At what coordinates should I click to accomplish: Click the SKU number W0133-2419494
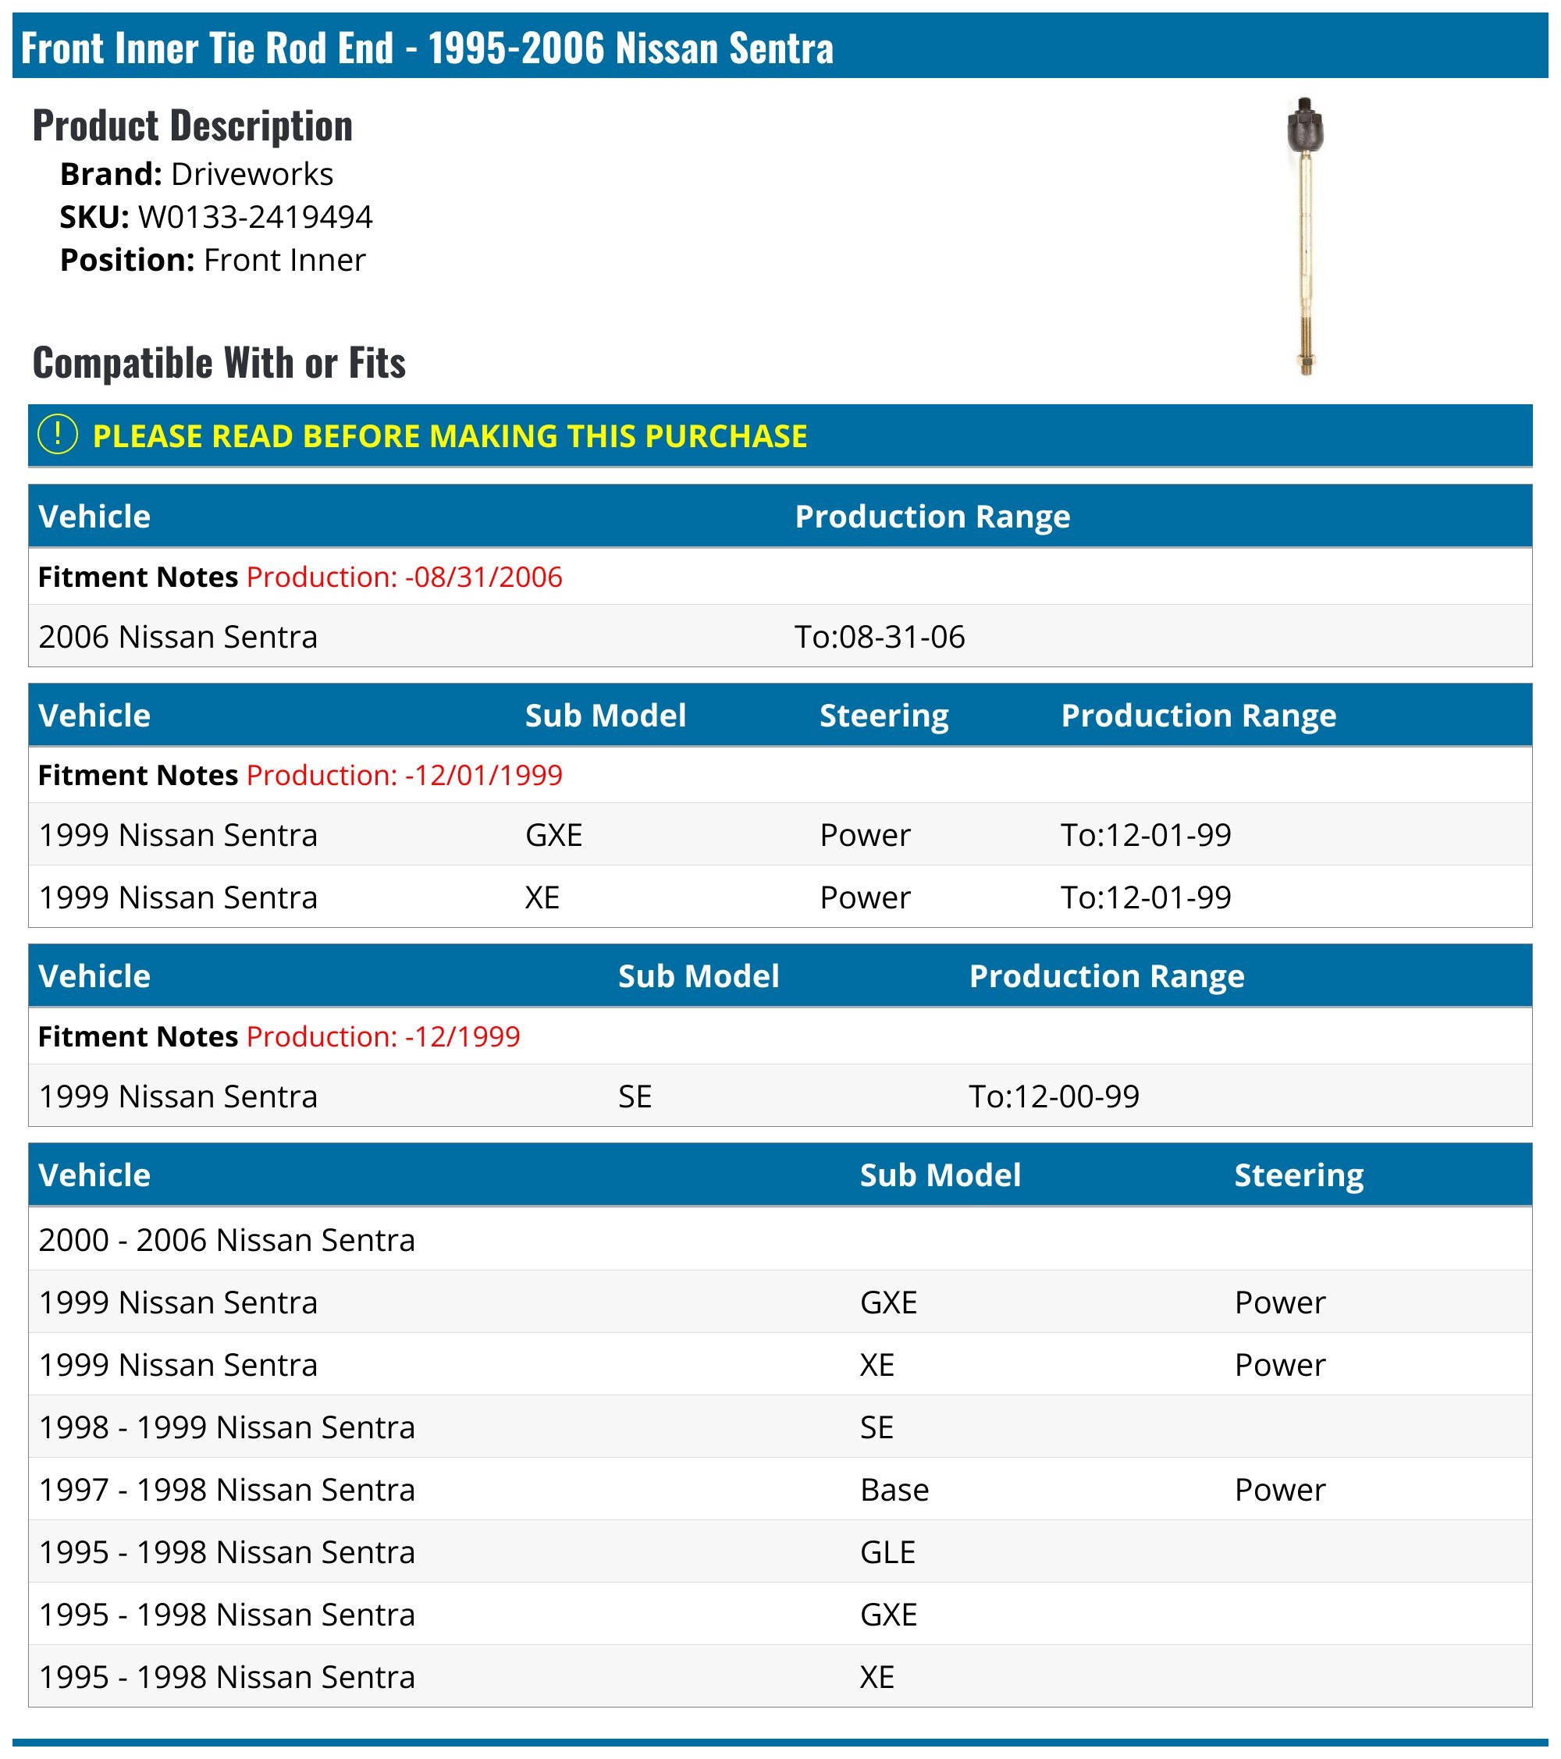tap(254, 217)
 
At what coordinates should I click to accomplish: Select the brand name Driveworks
tap(251, 174)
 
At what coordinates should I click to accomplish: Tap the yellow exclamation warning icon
tap(58, 435)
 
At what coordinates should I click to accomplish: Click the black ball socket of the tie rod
tap(1304, 127)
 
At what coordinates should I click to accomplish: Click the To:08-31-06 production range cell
tap(879, 637)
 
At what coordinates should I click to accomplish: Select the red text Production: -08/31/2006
tap(404, 577)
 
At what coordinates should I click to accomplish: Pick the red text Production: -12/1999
tap(383, 1036)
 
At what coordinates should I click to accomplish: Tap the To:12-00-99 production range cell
tap(1054, 1096)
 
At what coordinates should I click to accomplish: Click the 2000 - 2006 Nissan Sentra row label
tap(226, 1240)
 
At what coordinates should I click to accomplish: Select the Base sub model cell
tap(894, 1490)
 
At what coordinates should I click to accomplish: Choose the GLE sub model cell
tap(887, 1552)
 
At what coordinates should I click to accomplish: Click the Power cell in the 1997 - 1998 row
tap(1279, 1490)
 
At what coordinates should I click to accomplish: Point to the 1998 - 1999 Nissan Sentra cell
tap(226, 1427)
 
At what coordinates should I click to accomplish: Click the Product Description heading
tap(193, 126)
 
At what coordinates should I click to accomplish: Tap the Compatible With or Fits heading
tap(219, 362)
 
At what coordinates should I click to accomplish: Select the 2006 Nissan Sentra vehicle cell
tap(178, 637)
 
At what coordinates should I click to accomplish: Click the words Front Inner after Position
tap(284, 260)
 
